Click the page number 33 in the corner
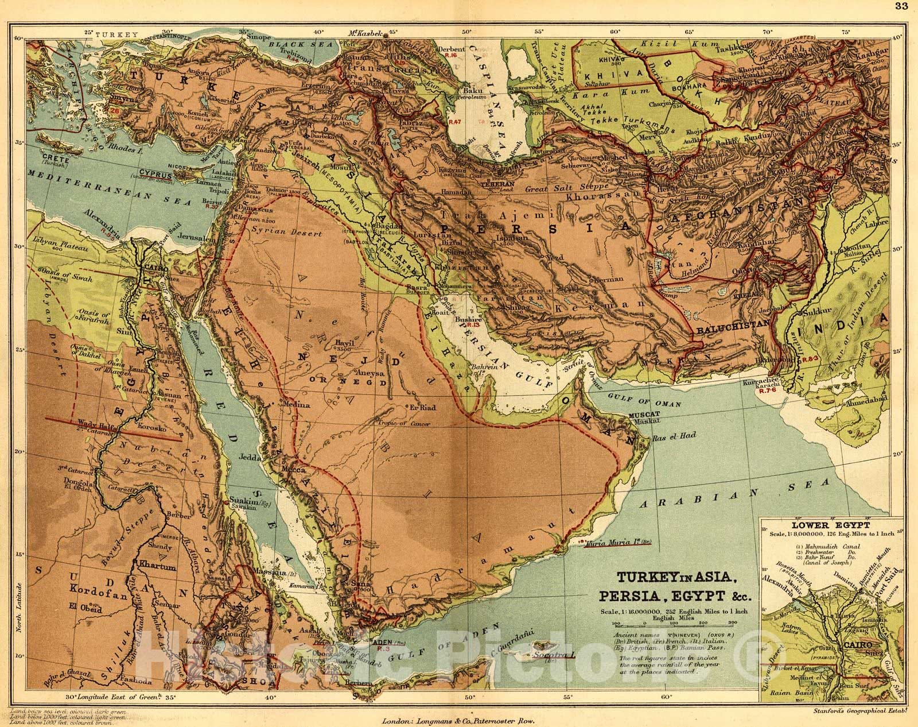click(907, 7)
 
